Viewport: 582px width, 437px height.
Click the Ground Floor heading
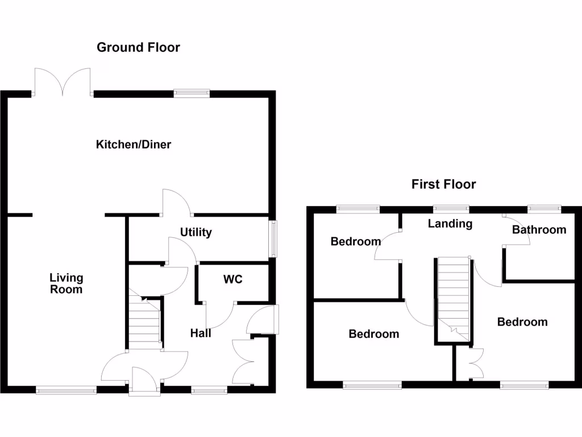(138, 47)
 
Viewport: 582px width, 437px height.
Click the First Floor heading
(443, 184)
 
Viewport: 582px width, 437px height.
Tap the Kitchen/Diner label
(134, 145)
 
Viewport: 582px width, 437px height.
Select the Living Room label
(66, 283)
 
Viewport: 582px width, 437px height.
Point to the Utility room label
(196, 232)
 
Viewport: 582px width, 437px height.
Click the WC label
(233, 279)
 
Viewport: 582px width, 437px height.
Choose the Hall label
(201, 333)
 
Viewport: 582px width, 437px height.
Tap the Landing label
(450, 224)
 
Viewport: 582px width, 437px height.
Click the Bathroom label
(539, 230)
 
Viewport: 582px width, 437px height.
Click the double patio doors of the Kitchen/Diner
(63, 81)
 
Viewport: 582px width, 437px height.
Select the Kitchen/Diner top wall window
(192, 93)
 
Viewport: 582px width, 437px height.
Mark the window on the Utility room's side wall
(273, 238)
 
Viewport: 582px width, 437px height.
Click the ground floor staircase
(144, 324)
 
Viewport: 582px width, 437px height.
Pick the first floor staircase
(454, 299)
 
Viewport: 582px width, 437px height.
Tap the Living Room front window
(66, 390)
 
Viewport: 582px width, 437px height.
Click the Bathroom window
(544, 209)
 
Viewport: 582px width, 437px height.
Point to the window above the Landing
(451, 209)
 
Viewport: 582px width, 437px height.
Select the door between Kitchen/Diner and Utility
(177, 203)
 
